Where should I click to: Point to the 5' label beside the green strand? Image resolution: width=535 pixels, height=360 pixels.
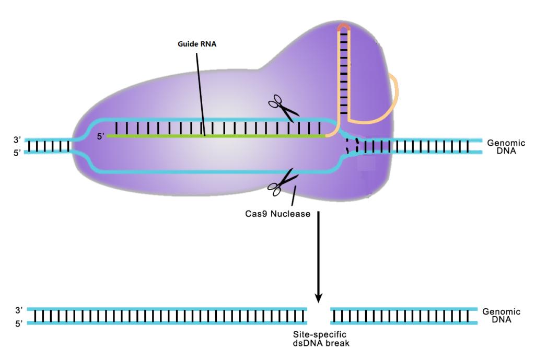point(101,137)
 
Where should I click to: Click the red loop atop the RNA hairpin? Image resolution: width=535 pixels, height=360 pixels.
point(344,27)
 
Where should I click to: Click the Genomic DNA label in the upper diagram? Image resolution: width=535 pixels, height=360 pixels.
point(504,146)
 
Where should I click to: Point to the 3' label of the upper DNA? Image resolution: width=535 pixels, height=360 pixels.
point(17,140)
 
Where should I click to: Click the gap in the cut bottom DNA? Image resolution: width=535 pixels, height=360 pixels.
point(318,316)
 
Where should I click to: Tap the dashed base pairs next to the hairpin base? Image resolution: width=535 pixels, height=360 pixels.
point(351,145)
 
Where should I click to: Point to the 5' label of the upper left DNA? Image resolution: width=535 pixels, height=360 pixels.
point(17,152)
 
